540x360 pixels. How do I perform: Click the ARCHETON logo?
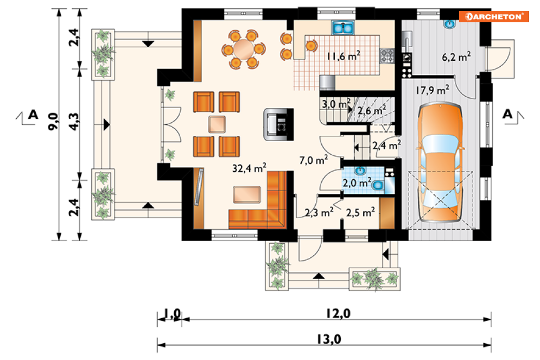[493, 16]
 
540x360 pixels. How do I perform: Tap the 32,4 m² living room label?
[249, 168]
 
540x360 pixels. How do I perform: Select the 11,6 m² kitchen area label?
[344, 56]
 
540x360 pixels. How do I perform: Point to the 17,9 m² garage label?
[432, 90]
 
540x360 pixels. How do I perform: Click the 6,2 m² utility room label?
[456, 56]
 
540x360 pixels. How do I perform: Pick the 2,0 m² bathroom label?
[357, 182]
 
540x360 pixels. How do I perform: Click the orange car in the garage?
[440, 162]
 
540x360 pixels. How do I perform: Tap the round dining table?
[244, 49]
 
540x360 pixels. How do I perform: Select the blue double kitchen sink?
[343, 28]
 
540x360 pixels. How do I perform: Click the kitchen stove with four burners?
[387, 56]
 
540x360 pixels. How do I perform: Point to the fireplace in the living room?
[278, 124]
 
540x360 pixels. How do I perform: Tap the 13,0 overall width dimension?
[329, 339]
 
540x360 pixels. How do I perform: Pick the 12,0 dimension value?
[338, 313]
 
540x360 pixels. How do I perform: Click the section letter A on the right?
[507, 113]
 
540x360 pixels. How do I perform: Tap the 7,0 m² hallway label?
[313, 160]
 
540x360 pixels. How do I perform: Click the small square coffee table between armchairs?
[217, 124]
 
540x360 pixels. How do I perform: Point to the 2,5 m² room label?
[360, 212]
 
